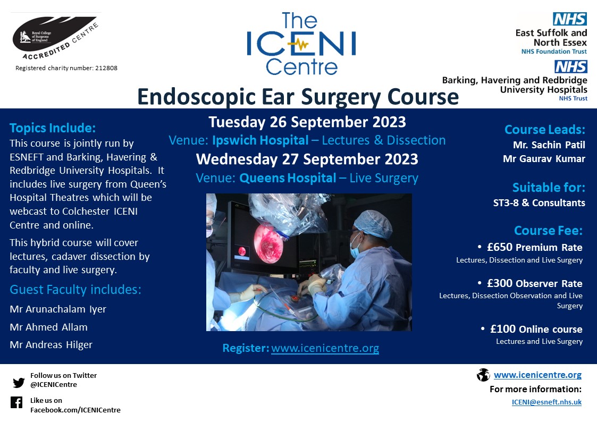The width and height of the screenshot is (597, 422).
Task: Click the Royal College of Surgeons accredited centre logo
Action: (56, 37)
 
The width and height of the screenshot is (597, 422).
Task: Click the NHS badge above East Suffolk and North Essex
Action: (570, 20)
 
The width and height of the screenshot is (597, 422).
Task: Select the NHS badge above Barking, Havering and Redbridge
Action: (570, 66)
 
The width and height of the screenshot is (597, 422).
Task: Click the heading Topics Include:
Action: (53, 128)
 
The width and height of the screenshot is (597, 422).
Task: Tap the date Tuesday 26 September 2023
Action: (307, 122)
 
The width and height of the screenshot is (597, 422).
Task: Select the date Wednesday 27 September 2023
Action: (307, 159)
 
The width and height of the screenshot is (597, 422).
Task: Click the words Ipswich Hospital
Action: (260, 140)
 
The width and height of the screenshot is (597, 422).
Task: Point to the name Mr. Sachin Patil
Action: (549, 145)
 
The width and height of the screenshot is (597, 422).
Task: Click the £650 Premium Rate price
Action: (534, 248)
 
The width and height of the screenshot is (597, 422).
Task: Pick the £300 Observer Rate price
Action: (534, 284)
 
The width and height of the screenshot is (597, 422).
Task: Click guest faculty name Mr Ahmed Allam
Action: (49, 327)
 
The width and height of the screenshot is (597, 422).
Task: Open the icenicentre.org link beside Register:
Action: (325, 349)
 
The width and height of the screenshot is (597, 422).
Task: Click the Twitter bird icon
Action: (19, 382)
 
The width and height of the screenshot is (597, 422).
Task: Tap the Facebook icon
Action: (16, 402)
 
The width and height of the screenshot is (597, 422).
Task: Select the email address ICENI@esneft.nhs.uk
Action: (546, 402)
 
